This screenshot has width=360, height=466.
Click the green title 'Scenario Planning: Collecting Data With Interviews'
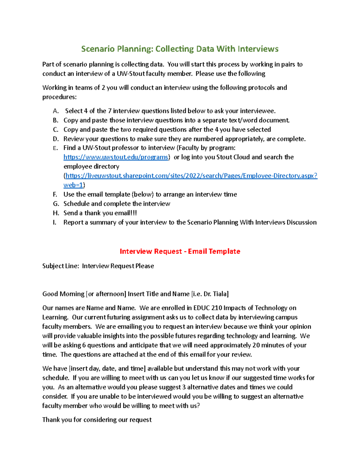[180, 49]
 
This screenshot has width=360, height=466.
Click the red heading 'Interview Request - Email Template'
[180, 251]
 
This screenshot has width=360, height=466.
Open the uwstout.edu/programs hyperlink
[116, 157]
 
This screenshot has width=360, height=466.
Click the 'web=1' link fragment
[73, 185]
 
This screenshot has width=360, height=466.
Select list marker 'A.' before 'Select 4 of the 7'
[55, 111]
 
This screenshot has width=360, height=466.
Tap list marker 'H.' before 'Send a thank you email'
[56, 213]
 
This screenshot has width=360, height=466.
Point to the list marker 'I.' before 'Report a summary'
[55, 222]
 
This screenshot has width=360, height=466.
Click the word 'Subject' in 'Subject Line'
[53, 266]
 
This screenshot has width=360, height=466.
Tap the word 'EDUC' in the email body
[201, 308]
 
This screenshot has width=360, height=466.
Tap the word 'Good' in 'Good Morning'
[50, 294]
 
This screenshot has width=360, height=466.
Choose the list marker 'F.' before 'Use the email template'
[55, 194]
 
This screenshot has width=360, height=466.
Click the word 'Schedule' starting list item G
[76, 204]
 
